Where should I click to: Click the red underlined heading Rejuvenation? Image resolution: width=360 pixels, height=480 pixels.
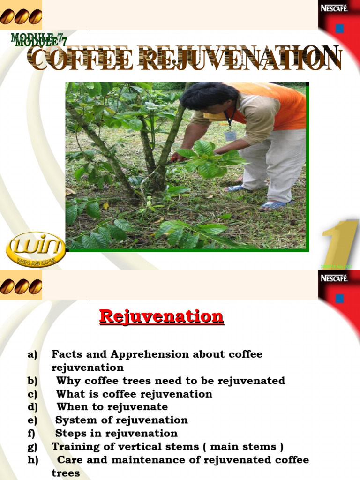[x=161, y=316]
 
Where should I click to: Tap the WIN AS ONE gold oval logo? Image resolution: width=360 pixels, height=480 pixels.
[x=36, y=249]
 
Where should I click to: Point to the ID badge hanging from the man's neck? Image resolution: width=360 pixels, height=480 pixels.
[x=230, y=135]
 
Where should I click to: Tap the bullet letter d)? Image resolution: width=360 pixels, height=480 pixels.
[x=33, y=407]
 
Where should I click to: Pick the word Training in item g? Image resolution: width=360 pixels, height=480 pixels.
[x=74, y=446]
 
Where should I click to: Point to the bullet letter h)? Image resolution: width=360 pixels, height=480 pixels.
[x=33, y=459]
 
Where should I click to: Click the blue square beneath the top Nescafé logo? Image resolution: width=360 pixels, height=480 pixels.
[x=339, y=29]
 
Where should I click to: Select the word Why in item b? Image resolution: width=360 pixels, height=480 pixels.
[x=67, y=381]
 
